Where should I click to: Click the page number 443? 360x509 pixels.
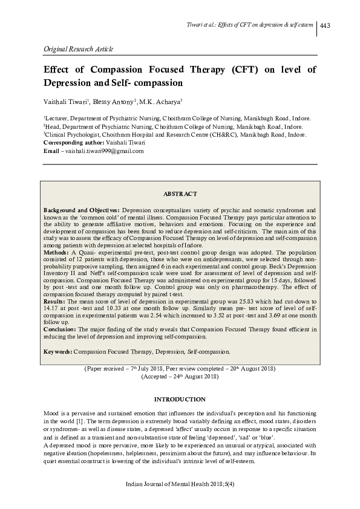(x=324, y=25)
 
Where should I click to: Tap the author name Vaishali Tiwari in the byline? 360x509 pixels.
(x=65, y=102)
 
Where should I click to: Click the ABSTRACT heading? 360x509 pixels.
(x=180, y=193)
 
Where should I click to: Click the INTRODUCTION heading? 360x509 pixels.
(x=180, y=400)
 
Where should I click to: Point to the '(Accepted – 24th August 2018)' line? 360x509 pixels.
(x=180, y=376)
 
